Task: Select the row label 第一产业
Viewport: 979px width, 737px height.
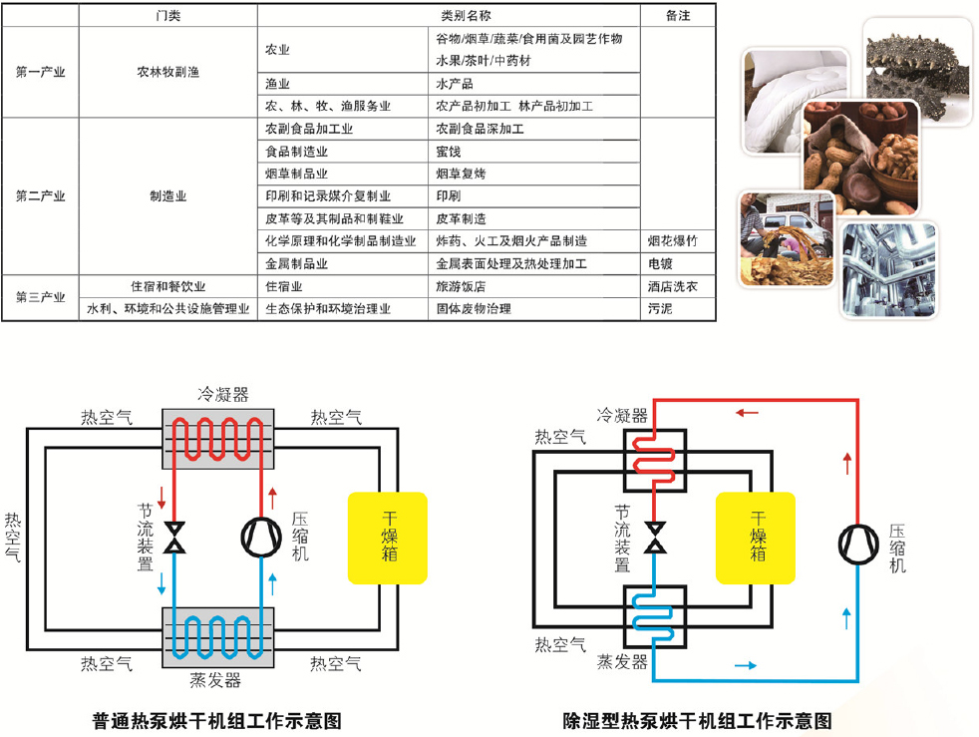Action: [40, 72]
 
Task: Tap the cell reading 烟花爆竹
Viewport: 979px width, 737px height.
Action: [673, 240]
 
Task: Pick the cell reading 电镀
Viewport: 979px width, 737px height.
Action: [661, 264]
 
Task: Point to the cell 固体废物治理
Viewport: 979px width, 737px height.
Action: [474, 309]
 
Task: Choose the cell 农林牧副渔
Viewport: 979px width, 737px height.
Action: [167, 72]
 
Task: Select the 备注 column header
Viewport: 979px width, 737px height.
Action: [678, 16]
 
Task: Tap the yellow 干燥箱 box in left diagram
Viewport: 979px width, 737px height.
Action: [388, 538]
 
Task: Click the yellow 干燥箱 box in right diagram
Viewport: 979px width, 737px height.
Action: [756, 538]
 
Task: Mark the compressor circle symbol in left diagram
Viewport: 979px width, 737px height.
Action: [262, 537]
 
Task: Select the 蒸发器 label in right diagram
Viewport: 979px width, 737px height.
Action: [622, 662]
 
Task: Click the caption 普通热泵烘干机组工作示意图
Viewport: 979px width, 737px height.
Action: [217, 719]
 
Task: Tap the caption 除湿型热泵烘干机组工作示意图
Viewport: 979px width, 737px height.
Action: [697, 719]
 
